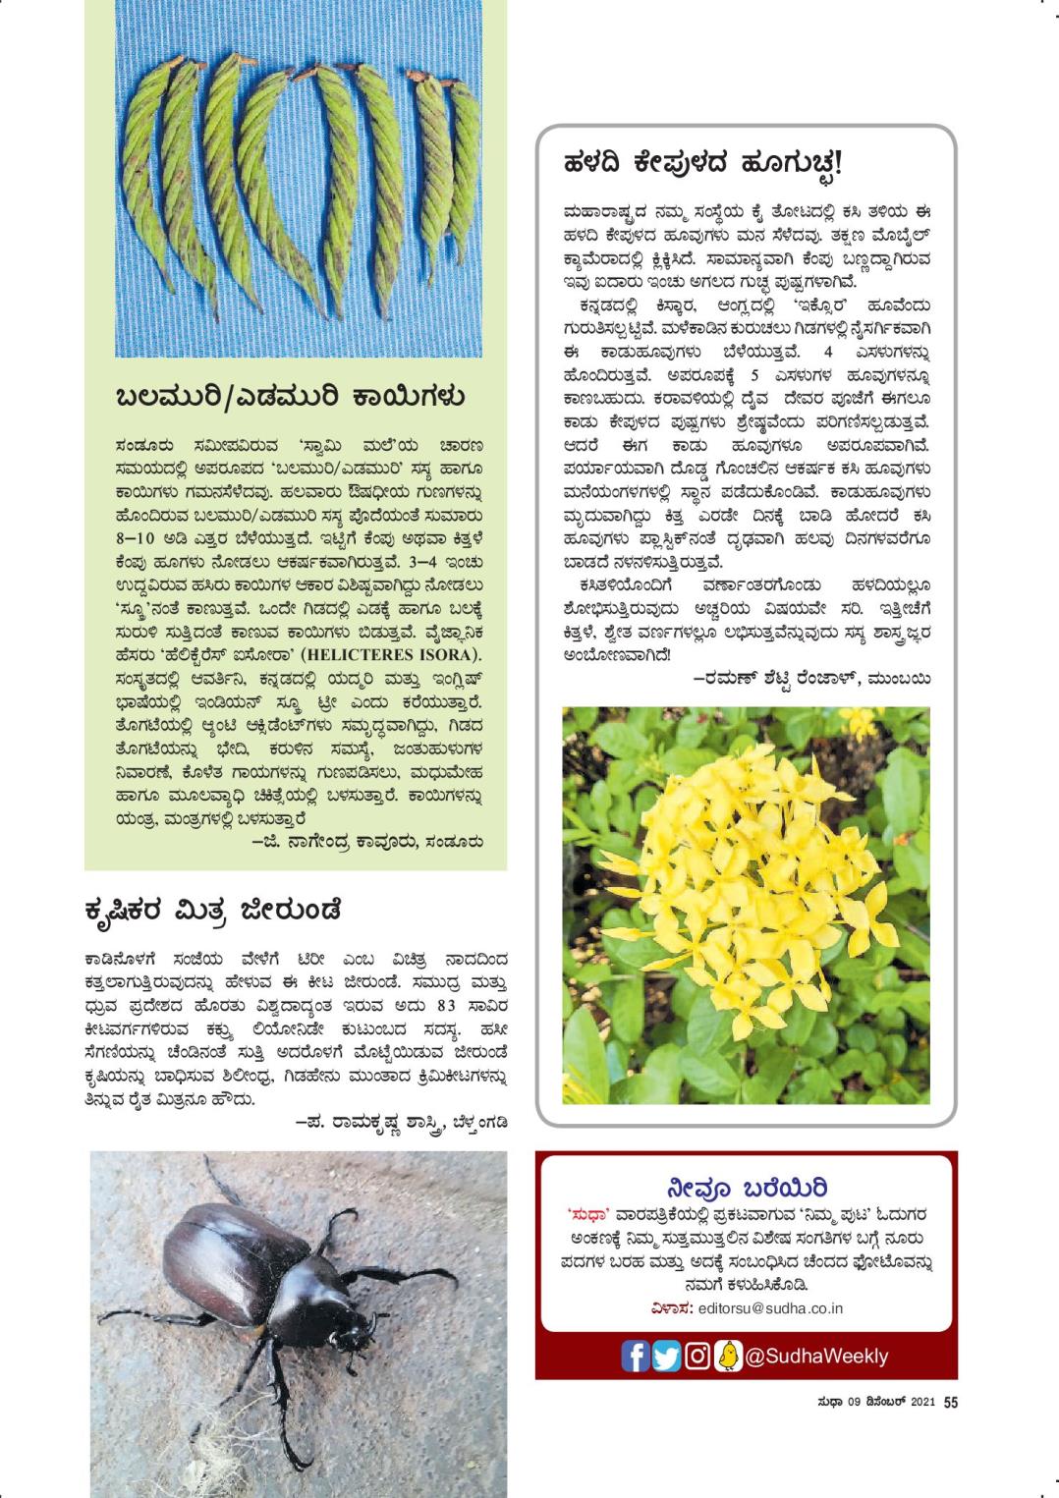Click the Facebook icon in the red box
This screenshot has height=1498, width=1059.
coord(635,1356)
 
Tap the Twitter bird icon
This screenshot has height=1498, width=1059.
coord(666,1356)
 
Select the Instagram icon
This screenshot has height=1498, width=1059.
coord(697,1356)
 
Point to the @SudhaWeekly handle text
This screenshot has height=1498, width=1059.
coord(816,1357)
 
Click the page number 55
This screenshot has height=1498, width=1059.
coord(950,1403)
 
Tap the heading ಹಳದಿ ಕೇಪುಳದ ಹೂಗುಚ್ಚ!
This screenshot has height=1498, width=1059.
coord(702,163)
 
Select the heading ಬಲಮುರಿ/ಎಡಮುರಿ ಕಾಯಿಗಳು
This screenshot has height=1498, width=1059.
coord(290,398)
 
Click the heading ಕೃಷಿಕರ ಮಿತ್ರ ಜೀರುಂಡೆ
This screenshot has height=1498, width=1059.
coord(213,911)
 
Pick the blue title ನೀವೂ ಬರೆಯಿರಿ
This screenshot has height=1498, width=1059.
coord(747,1188)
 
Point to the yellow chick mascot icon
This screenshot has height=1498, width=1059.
coord(728,1356)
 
